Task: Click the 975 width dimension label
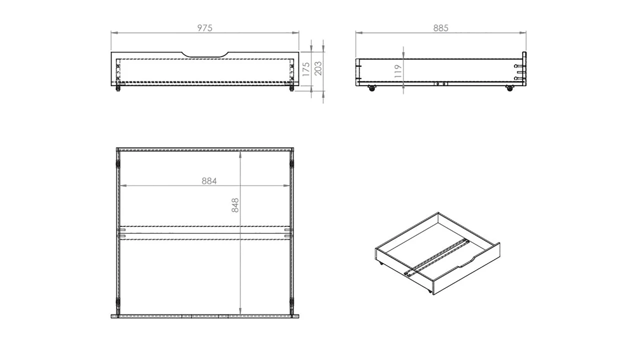pyautogui.click(x=204, y=28)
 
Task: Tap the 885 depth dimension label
pyautogui.click(x=440, y=28)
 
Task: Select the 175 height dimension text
pyautogui.click(x=305, y=68)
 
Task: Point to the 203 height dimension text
pyautogui.click(x=318, y=68)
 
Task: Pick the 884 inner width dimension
pyautogui.click(x=209, y=181)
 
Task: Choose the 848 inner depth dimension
pyautogui.click(x=235, y=205)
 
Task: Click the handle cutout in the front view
pyautogui.click(x=205, y=54)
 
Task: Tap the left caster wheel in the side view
pyautogui.click(x=371, y=88)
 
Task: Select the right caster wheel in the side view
pyautogui.click(x=509, y=88)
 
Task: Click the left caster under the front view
pyautogui.click(x=118, y=88)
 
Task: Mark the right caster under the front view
pyautogui.click(x=291, y=88)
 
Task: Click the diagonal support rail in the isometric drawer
pyautogui.click(x=437, y=256)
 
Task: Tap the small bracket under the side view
pyautogui.click(x=440, y=84)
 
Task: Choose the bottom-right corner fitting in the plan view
pyautogui.click(x=291, y=303)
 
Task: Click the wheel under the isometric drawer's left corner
pyautogui.click(x=381, y=263)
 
